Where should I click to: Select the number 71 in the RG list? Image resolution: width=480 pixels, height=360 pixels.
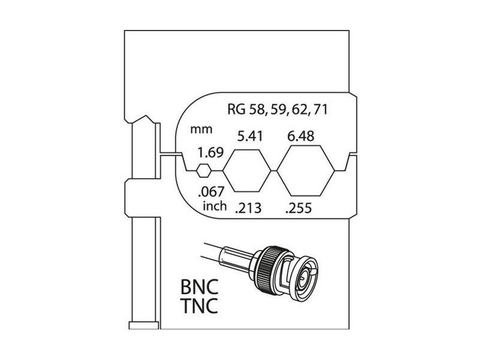320,109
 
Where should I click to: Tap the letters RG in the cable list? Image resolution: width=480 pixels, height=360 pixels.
236,109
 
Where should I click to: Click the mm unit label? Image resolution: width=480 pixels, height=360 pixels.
201,130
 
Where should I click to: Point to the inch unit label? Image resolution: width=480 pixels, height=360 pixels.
215,205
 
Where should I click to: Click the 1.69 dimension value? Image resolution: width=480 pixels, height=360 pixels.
211,152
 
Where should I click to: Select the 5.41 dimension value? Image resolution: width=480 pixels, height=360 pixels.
250,136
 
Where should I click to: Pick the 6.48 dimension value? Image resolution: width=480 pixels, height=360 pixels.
301,136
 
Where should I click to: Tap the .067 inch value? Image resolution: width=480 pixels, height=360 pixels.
211,191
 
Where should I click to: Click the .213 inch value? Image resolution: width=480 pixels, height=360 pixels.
248,208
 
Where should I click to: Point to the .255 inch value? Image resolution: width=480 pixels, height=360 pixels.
298,208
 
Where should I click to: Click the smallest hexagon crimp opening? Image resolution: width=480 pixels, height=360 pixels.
203,170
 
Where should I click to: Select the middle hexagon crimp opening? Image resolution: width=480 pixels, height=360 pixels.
247,170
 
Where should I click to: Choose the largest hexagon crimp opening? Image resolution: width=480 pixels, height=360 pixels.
306,170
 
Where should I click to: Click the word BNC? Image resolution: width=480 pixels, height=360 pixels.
199,287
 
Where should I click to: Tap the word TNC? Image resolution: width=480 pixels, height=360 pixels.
199,305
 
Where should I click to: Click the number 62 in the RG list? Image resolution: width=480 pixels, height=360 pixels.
300,109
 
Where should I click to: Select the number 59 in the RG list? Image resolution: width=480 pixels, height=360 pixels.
278,109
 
